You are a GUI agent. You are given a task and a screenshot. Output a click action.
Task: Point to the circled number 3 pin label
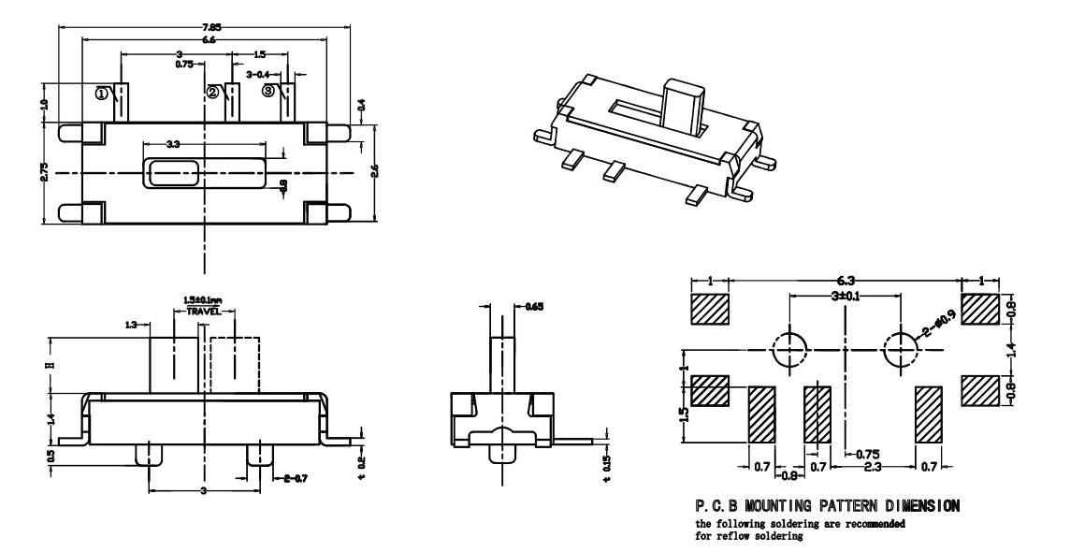click(x=268, y=91)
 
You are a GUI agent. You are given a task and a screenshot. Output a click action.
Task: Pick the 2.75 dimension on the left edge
click(x=44, y=173)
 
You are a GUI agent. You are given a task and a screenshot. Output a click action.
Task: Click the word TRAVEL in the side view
click(x=203, y=311)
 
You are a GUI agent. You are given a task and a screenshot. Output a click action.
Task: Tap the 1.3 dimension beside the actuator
click(x=132, y=324)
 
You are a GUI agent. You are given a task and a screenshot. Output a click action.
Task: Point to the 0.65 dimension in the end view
click(x=532, y=306)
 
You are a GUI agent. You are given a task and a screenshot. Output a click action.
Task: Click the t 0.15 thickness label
click(x=609, y=465)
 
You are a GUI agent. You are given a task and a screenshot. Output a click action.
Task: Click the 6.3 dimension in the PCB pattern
click(x=844, y=279)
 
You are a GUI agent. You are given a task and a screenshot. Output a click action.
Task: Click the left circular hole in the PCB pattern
click(x=789, y=350)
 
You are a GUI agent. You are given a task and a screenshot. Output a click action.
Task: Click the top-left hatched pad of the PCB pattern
click(x=710, y=309)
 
